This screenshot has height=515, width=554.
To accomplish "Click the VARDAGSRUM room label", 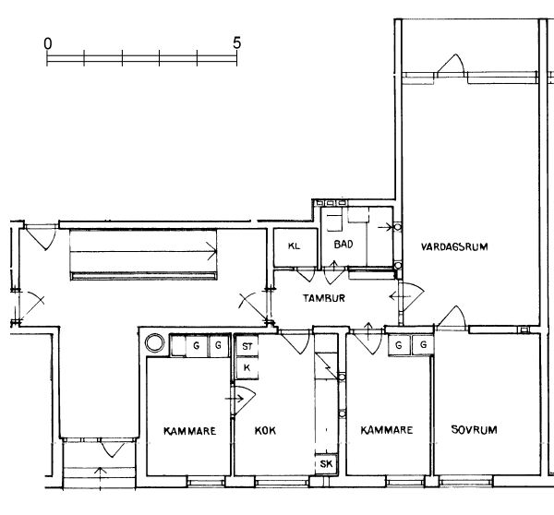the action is coord(454,246).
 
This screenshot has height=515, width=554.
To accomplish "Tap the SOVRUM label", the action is coord(475,429).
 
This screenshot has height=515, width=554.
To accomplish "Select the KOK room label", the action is coord(265,431).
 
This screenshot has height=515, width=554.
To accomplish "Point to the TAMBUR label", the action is coord(324,298).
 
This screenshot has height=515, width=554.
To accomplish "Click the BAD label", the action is coord(343,244).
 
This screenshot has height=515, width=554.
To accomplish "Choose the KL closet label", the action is coord(294,246).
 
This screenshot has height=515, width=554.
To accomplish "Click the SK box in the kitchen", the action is coord(326,463).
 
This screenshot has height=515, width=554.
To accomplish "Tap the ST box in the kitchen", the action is coord(247,346).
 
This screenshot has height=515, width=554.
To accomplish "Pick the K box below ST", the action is coord(247,368).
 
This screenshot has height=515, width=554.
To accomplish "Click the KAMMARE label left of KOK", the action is coord(189,431).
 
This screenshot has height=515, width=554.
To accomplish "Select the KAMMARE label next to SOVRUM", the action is coord(387,430).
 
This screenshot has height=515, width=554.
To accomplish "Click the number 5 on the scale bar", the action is coord(236,42).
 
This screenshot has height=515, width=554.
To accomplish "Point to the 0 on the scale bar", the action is coord(48,43).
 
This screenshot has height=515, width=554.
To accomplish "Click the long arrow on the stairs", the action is coord(143,252).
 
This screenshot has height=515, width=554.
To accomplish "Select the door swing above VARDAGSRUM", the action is coord(451,66).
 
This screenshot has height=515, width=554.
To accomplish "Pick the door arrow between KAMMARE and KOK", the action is coord(235,399).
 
